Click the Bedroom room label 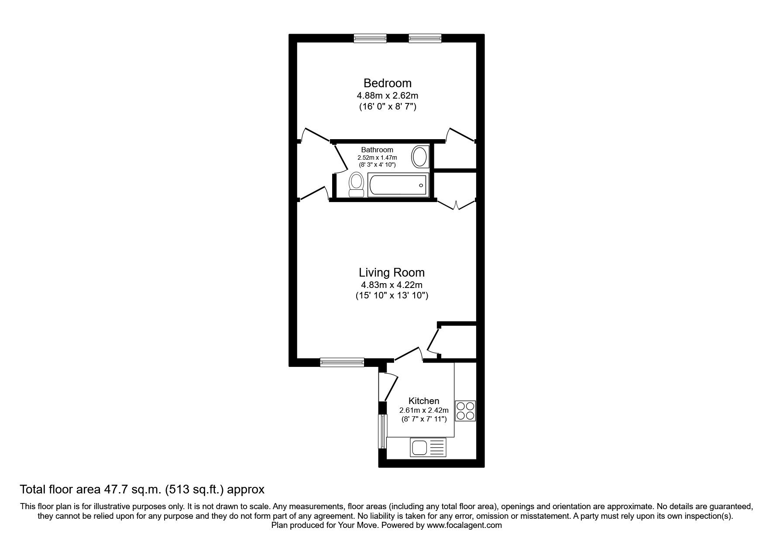pyautogui.click(x=388, y=83)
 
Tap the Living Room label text pyautogui.click(x=392, y=273)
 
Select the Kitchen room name pyautogui.click(x=423, y=401)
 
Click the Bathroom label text pyautogui.click(x=377, y=150)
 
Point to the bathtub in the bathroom pyautogui.click(x=398, y=185)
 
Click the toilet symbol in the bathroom pyautogui.click(x=356, y=185)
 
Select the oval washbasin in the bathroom pyautogui.click(x=420, y=157)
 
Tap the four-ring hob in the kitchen pyautogui.click(x=465, y=411)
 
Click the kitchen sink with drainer pyautogui.click(x=428, y=448)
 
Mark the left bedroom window pyautogui.click(x=370, y=39)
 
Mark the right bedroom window pyautogui.click(x=425, y=39)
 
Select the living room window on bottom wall pyautogui.click(x=342, y=361)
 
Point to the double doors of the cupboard pyautogui.click(x=456, y=205)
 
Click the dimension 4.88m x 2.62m pyautogui.click(x=388, y=95)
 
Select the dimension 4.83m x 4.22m pyautogui.click(x=392, y=285)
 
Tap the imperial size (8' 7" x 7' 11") pyautogui.click(x=423, y=419)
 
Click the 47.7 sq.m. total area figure pyautogui.click(x=124, y=490)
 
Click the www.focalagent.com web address pyautogui.click(x=464, y=525)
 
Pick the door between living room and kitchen pyautogui.click(x=408, y=354)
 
